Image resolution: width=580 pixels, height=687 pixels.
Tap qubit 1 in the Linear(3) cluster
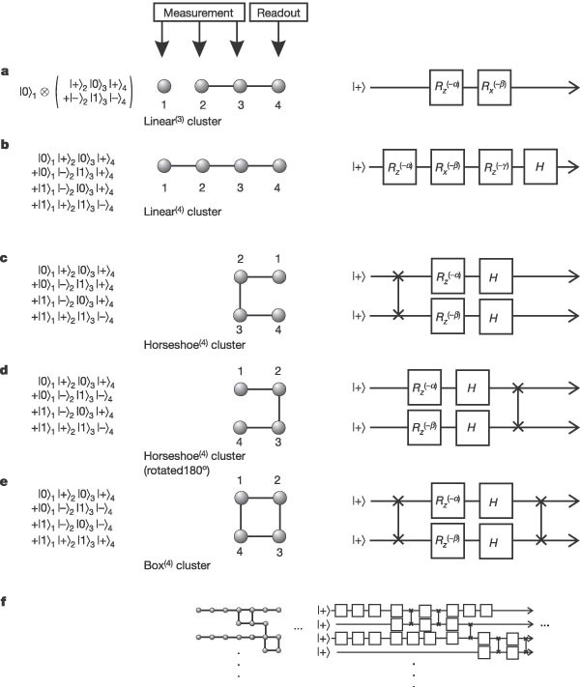click(163, 85)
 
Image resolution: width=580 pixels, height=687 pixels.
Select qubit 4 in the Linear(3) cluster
click(278, 85)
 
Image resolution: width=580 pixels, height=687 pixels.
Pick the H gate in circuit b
click(540, 164)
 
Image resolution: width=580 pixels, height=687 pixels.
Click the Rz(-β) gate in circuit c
click(449, 316)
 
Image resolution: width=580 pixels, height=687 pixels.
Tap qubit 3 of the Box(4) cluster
click(278, 537)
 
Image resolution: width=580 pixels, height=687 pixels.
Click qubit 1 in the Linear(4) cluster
click(163, 164)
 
